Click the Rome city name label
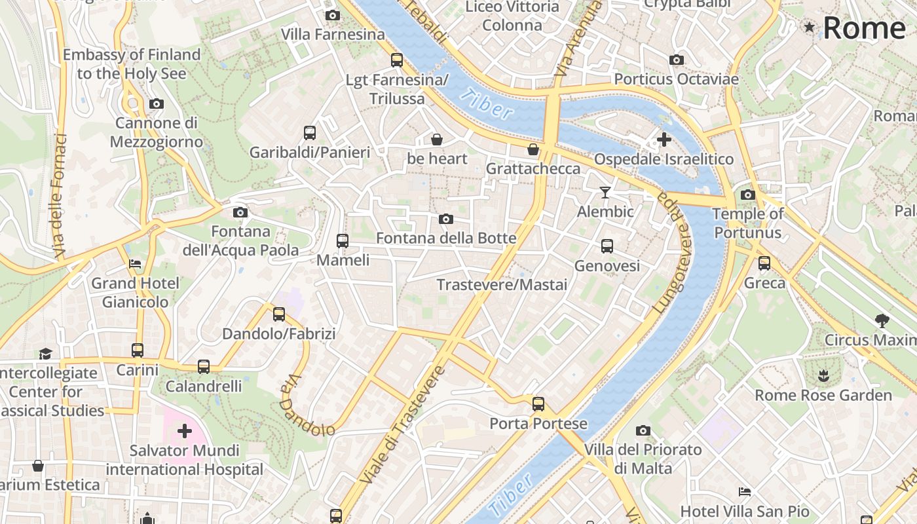pos(864,28)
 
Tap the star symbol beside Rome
pos(810,27)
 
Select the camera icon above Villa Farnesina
pos(333,15)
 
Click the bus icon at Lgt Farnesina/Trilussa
pos(397,60)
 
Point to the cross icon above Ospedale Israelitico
pos(664,140)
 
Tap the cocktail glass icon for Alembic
pos(605,192)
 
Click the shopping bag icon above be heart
pos(437,140)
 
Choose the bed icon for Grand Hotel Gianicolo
pos(135,265)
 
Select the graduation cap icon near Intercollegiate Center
pos(45,354)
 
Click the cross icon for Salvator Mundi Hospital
pos(185,431)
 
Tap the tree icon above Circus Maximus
pos(882,321)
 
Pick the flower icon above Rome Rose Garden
pos(823,376)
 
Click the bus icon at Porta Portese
pos(538,404)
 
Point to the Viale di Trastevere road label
pos(402,426)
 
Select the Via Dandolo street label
pos(306,406)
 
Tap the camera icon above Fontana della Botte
pos(446,219)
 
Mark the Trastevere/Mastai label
pos(502,285)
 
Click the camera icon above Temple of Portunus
pos(747,195)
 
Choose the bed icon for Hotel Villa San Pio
pos(745,492)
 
